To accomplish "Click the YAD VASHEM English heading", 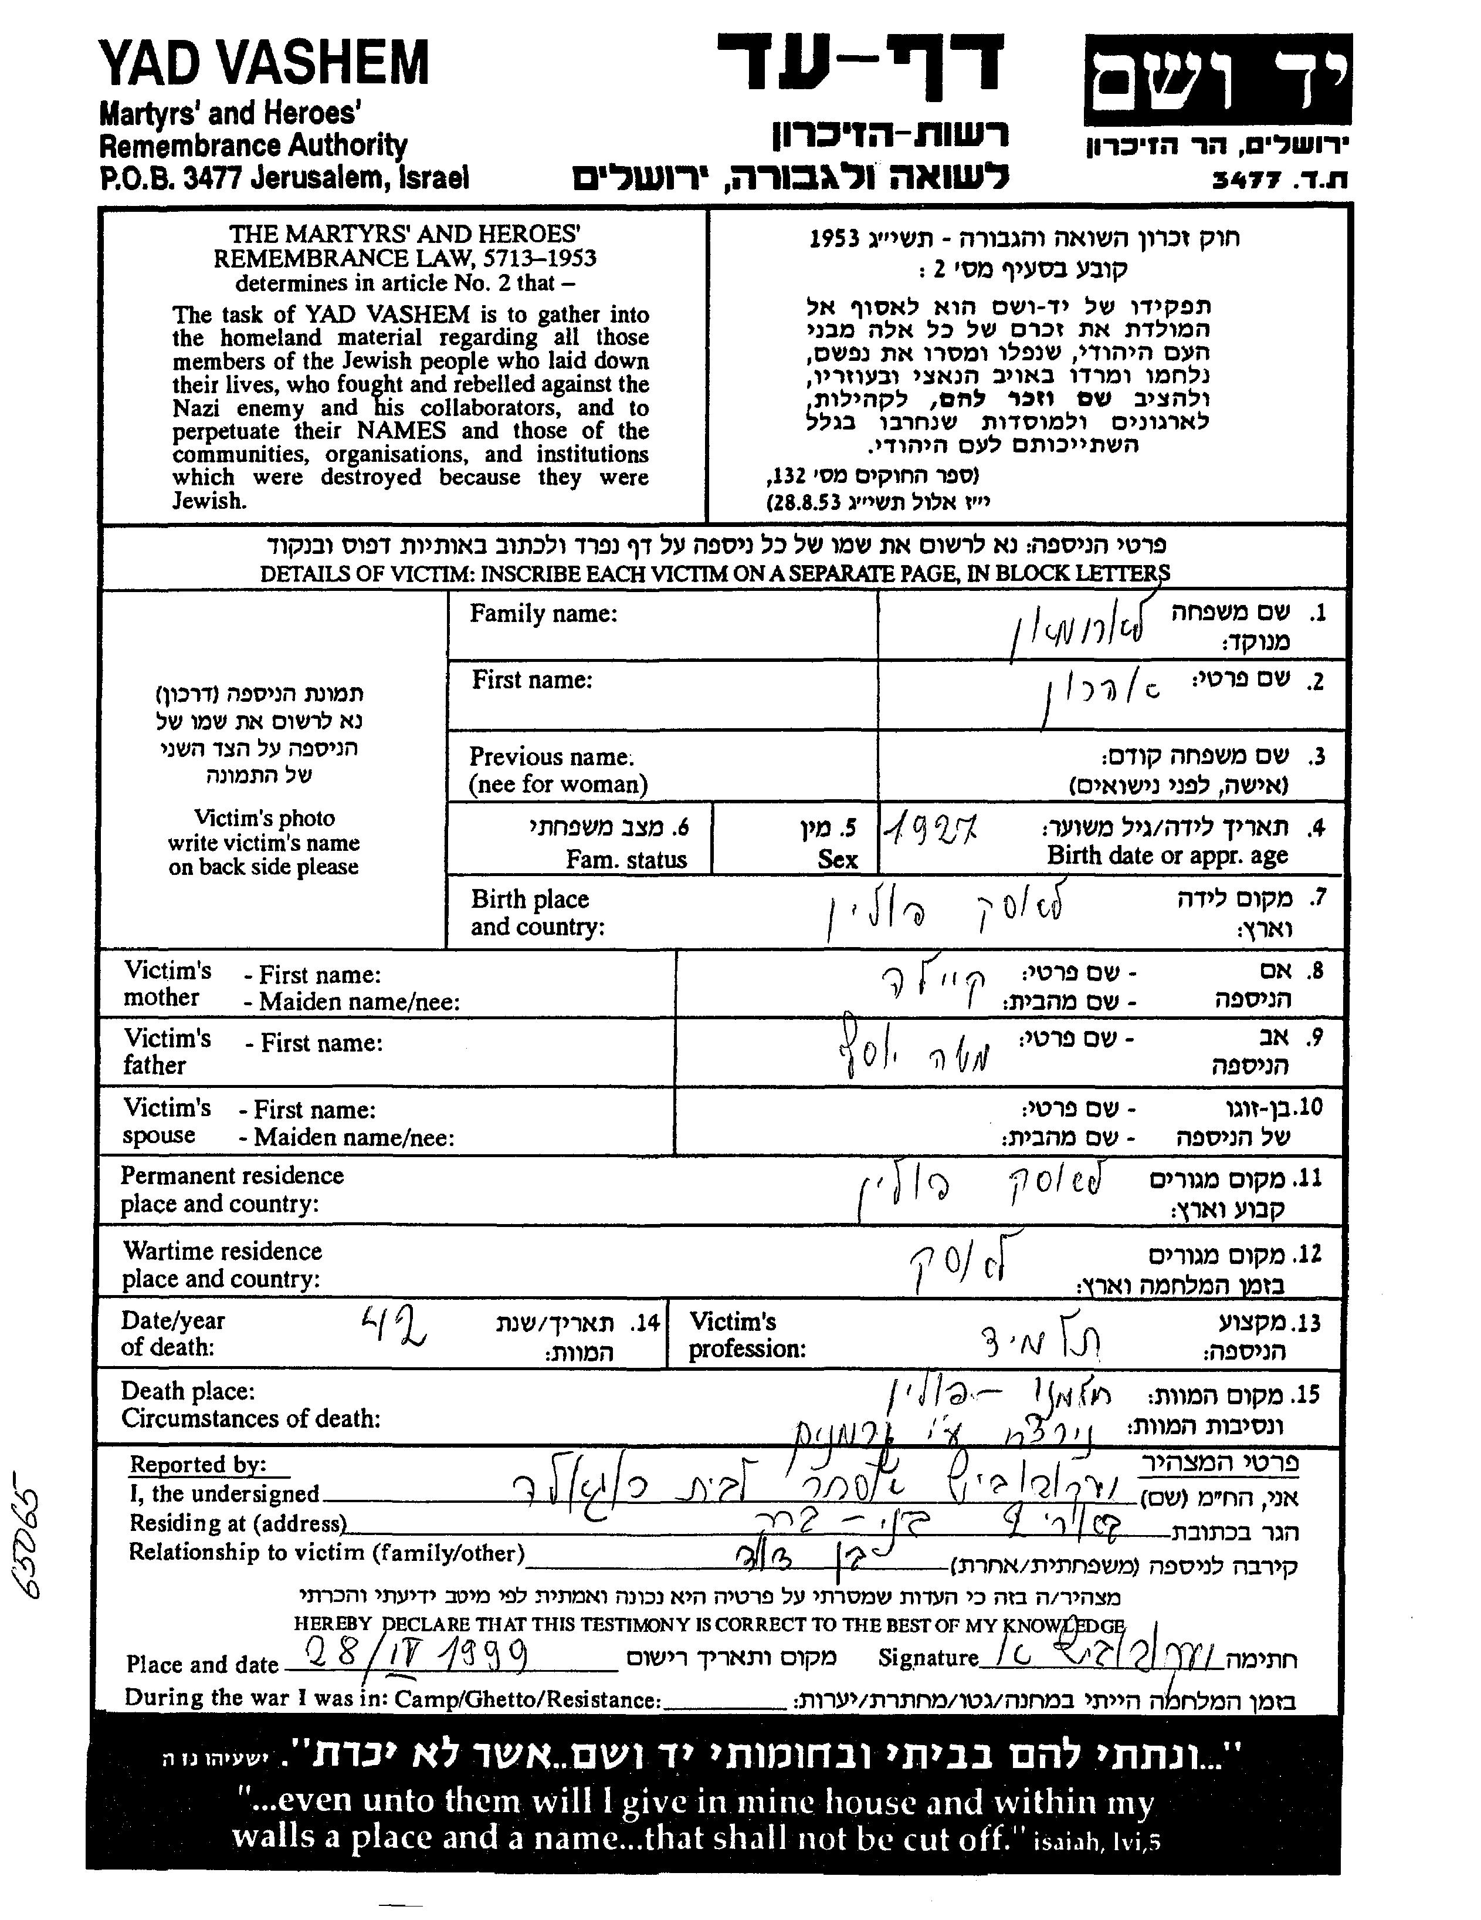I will (x=264, y=63).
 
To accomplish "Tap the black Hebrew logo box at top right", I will (x=1216, y=81).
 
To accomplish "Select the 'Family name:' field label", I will (x=543, y=614).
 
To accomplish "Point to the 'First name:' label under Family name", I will (x=532, y=680).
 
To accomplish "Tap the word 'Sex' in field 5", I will (x=837, y=859).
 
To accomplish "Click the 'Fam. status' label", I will (x=626, y=859).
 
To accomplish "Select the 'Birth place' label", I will (x=530, y=900).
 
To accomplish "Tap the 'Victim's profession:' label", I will (x=747, y=1334).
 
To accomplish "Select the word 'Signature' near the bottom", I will (x=927, y=1658).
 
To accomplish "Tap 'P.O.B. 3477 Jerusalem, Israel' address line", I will (x=284, y=178).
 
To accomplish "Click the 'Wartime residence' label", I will (x=222, y=1251).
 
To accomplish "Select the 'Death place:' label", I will (x=188, y=1391).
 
